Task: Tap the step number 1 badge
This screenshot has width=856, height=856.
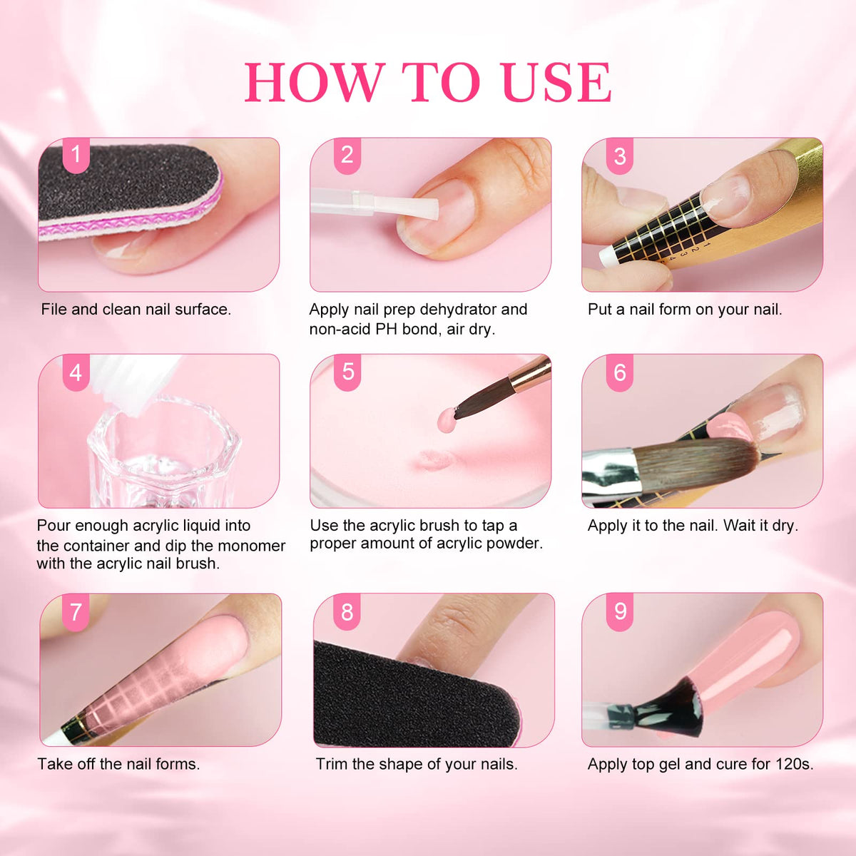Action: pyautogui.click(x=76, y=155)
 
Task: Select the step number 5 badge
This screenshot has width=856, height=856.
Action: pyautogui.click(x=347, y=372)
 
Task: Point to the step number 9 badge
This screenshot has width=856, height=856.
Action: pyautogui.click(x=620, y=611)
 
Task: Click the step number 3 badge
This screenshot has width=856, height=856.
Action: pyautogui.click(x=620, y=156)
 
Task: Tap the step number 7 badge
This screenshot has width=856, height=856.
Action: pyautogui.click(x=76, y=611)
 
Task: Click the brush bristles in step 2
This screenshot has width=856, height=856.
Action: pyautogui.click(x=406, y=207)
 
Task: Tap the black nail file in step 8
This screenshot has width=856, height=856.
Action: pyautogui.click(x=415, y=698)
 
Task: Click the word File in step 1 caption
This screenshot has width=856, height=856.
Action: pyautogui.click(x=54, y=309)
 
